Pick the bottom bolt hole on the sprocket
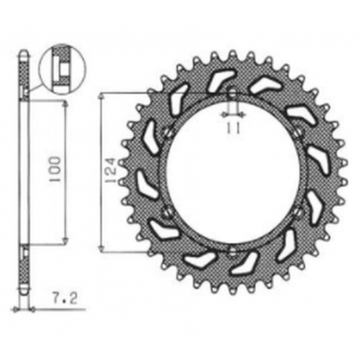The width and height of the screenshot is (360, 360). [233, 250]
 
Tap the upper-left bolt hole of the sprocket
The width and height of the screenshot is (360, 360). [167, 133]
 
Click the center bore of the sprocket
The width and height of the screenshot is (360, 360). [233, 172]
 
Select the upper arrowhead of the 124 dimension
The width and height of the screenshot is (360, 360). [103, 97]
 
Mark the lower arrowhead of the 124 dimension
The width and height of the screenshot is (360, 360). [103, 246]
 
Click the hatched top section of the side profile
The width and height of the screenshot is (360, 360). [24, 75]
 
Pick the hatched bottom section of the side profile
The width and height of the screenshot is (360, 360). [24, 271]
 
